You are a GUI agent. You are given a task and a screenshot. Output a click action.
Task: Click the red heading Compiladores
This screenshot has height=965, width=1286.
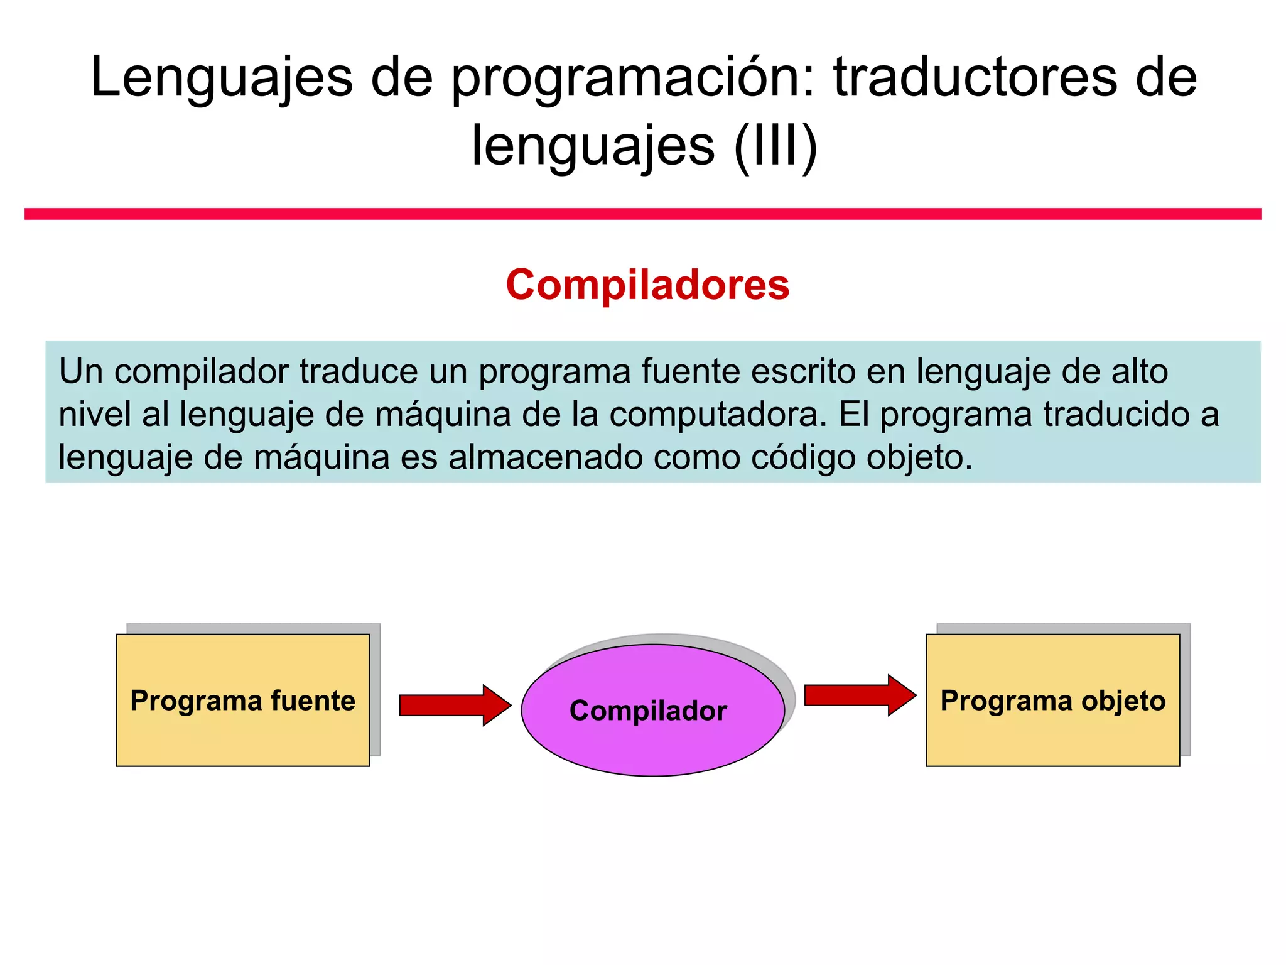tap(647, 285)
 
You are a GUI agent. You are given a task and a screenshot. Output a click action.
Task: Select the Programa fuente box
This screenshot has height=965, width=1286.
tap(242, 700)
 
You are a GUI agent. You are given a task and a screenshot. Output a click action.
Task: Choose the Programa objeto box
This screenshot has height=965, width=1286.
tap(1052, 700)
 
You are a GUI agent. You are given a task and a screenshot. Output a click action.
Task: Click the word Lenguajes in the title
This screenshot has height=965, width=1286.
tap(222, 77)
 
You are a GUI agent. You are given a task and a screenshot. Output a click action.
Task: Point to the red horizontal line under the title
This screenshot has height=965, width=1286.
tap(643, 214)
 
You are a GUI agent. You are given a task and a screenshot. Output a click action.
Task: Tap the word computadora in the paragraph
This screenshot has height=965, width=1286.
tap(714, 415)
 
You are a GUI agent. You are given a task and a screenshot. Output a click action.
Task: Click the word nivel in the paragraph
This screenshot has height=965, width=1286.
tap(95, 415)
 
